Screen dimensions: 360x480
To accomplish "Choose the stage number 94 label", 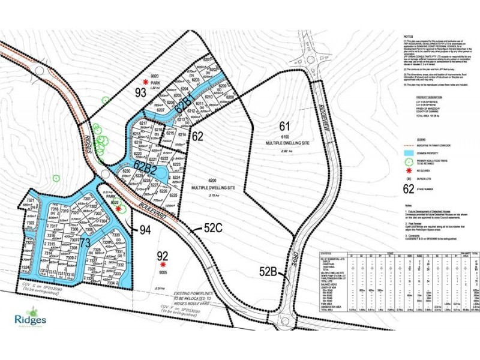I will [145, 229].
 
